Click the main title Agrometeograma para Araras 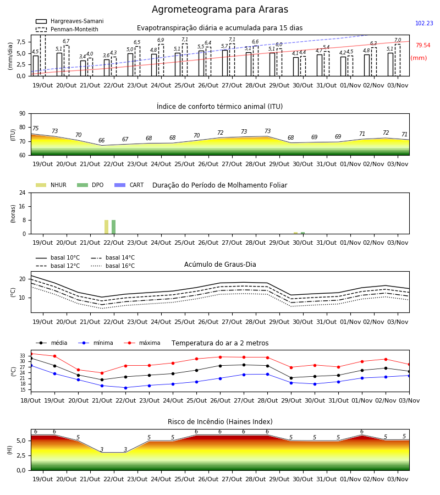[x=219, y=9]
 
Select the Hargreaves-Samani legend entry [x=69, y=21]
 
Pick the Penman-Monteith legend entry [x=67, y=29]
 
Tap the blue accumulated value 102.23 [x=424, y=23]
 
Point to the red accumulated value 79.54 [x=422, y=45]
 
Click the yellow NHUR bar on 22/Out [x=106, y=227]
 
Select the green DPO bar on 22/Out [x=114, y=227]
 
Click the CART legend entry [x=129, y=185]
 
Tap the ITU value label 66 [x=101, y=140]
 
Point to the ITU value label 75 [x=35, y=128]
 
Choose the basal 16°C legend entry [x=112, y=266]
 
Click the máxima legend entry [x=142, y=343]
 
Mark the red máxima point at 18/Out [x=31, y=354]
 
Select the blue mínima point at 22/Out [x=125, y=388]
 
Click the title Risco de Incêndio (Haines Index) [x=220, y=422]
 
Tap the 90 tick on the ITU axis [x=23, y=114]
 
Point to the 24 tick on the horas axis [x=23, y=193]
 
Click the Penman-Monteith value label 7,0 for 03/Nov [x=398, y=40]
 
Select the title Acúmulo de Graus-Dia [x=220, y=265]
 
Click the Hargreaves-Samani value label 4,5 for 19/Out [x=35, y=52]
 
